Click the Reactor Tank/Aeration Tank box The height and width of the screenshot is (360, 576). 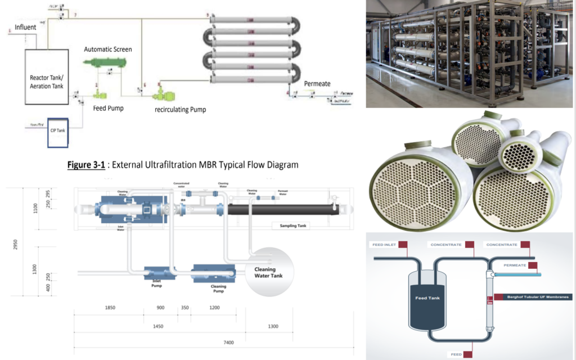tap(47, 77)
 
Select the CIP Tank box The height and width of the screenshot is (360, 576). tap(58, 131)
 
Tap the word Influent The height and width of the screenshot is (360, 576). tap(25, 27)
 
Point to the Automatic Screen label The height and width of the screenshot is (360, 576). tap(108, 49)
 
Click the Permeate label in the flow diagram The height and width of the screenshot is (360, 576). tap(317, 84)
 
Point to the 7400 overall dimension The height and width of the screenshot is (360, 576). tap(228, 343)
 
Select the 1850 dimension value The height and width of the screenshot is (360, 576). tap(110, 308)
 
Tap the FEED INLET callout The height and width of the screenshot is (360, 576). tap(384, 245)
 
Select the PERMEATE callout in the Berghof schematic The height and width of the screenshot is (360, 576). tap(515, 264)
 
